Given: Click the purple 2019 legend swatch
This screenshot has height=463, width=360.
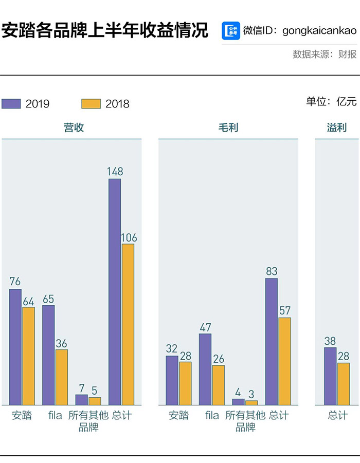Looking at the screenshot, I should click(x=11, y=103).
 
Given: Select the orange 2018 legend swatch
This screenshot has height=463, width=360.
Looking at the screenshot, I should click(x=91, y=103).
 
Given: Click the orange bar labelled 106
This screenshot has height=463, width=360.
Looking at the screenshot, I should click(x=128, y=324).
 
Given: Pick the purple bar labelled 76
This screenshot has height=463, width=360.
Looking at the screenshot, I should click(x=15, y=347).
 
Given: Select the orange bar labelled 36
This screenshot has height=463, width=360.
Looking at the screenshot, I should click(x=62, y=377).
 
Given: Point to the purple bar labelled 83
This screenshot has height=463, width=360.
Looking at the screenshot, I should click(x=272, y=342).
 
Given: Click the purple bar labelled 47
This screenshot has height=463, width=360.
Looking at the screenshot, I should click(x=205, y=369).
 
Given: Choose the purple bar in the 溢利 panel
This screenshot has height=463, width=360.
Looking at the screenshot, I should click(x=330, y=376).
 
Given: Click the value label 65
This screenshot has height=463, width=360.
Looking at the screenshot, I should click(x=48, y=299).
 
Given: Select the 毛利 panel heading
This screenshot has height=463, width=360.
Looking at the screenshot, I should click(x=228, y=127).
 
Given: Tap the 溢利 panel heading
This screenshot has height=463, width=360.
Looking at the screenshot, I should click(x=337, y=127).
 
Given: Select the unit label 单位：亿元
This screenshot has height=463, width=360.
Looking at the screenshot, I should click(x=331, y=101).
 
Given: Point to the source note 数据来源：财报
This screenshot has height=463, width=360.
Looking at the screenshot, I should click(x=325, y=54).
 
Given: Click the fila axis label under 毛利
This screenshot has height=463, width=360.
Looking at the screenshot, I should click(x=212, y=415).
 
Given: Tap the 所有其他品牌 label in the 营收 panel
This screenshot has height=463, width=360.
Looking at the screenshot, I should click(x=88, y=421).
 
